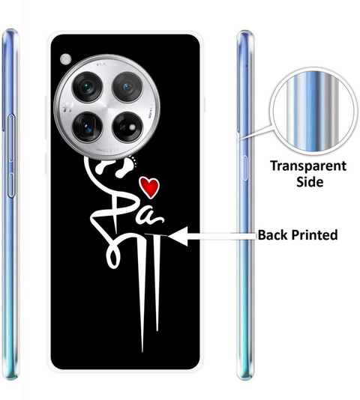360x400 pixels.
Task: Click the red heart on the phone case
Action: click(150, 187)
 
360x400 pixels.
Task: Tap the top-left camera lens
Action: click(87, 87)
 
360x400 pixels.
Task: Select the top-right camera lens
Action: click(127, 87)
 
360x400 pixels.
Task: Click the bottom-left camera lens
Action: click(88, 127)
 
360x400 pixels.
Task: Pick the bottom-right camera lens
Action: click(127, 127)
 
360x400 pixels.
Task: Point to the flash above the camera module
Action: click(66, 59)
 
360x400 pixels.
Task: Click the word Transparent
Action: click(308, 166)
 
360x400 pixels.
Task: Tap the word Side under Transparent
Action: click(310, 181)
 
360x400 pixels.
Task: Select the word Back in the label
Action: click(272, 234)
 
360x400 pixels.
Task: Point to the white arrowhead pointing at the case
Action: click(178, 236)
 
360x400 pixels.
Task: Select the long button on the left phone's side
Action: click(10, 138)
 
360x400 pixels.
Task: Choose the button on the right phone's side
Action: click(245, 168)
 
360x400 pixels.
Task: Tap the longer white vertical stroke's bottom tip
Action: click(142, 352)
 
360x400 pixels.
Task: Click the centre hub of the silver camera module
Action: click(107, 107)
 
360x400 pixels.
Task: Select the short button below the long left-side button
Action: click(11, 185)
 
